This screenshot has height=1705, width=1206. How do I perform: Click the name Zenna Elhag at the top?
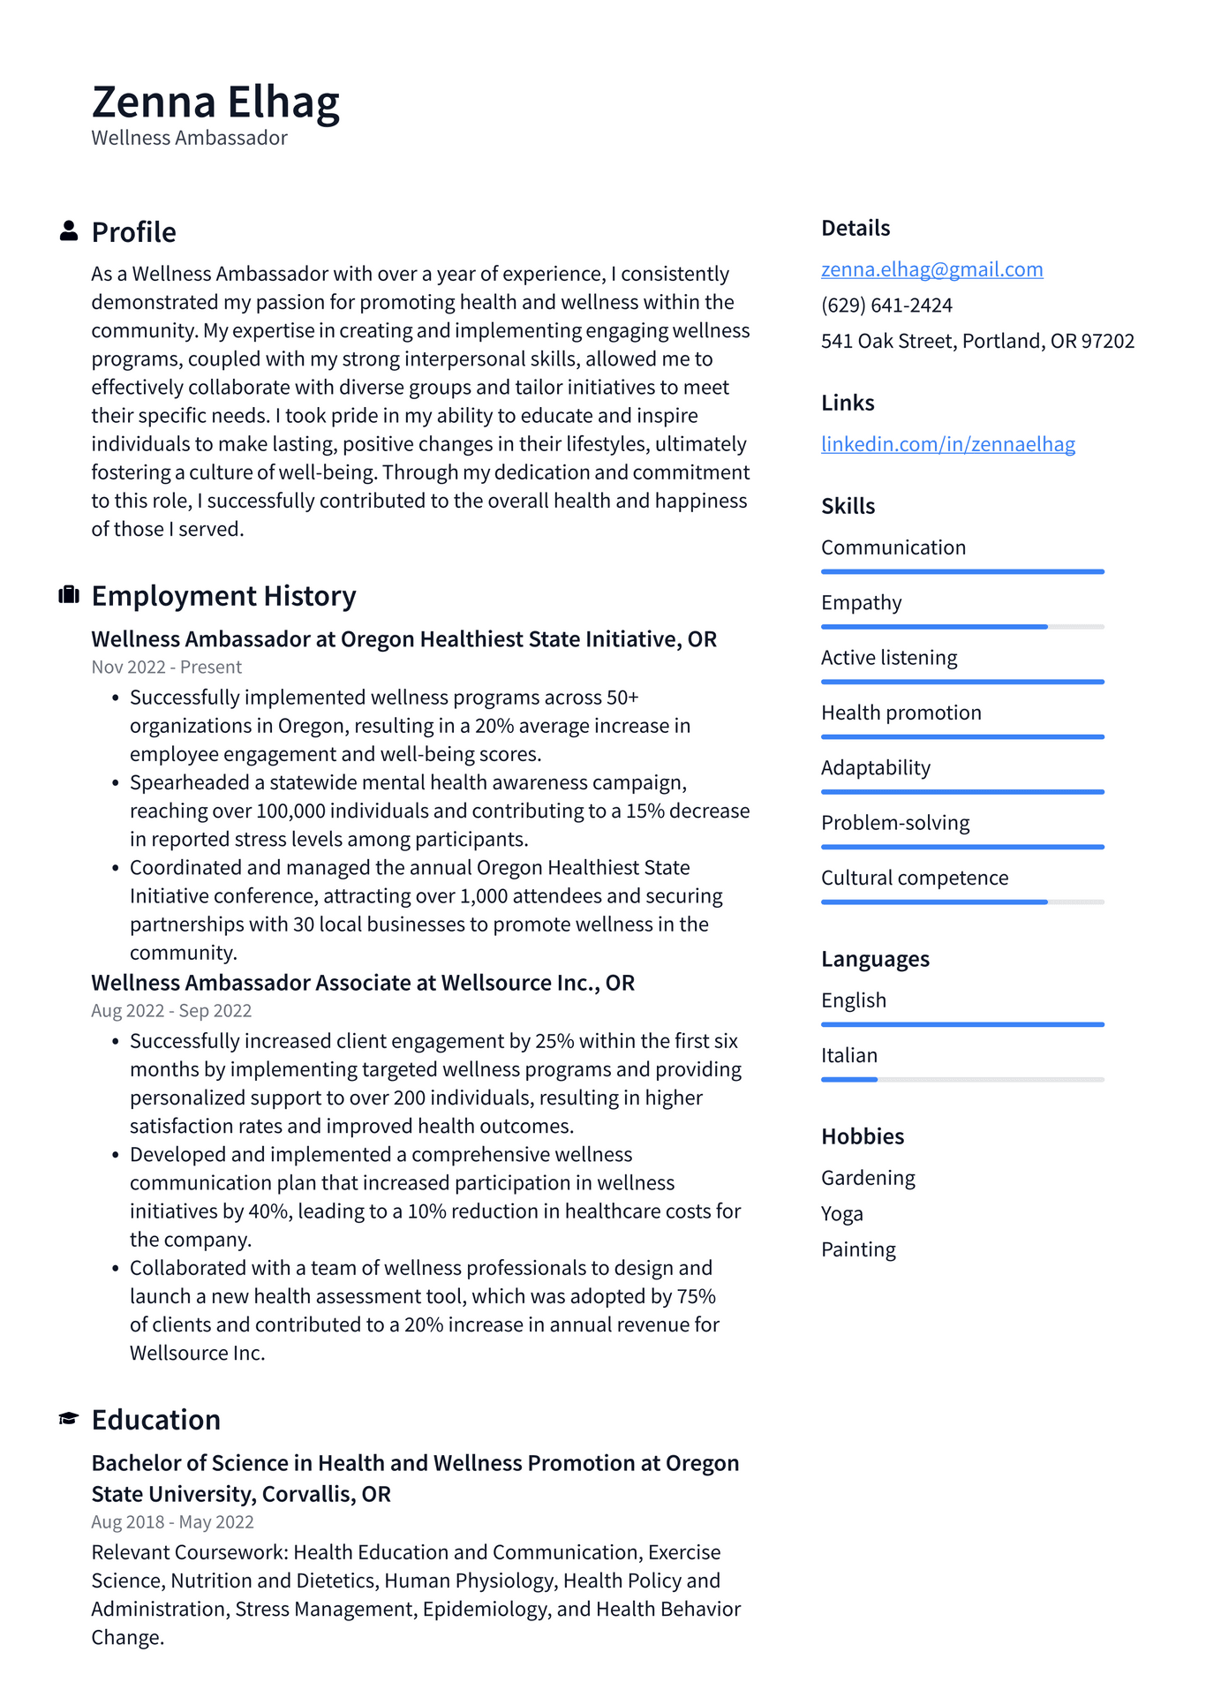215,102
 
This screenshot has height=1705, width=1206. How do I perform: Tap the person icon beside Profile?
69,231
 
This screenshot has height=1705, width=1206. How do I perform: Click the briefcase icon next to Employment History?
69,595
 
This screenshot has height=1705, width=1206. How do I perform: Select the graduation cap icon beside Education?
69,1419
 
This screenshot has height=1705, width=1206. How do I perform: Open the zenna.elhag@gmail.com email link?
931,269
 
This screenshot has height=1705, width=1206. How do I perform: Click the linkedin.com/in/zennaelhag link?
947,444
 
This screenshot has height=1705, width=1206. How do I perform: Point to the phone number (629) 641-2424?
886,306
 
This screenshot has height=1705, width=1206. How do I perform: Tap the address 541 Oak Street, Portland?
977,341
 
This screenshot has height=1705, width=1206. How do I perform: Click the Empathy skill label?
861,603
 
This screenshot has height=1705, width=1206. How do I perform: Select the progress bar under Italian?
962,1079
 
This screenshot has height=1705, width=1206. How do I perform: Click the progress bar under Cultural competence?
962,902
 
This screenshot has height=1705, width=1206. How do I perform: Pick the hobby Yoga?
841,1214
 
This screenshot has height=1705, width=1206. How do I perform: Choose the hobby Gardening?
868,1178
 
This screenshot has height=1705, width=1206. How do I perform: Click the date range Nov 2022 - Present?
166,668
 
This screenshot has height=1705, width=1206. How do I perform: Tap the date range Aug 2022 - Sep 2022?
171,1011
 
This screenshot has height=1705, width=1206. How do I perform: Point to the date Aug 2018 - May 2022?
172,1522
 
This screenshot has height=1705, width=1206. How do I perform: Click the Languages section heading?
875,959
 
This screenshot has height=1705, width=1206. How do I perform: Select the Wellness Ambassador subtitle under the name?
189,139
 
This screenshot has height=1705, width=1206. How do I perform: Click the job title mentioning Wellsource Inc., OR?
363,983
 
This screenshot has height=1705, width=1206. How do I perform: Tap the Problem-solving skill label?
895,823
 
